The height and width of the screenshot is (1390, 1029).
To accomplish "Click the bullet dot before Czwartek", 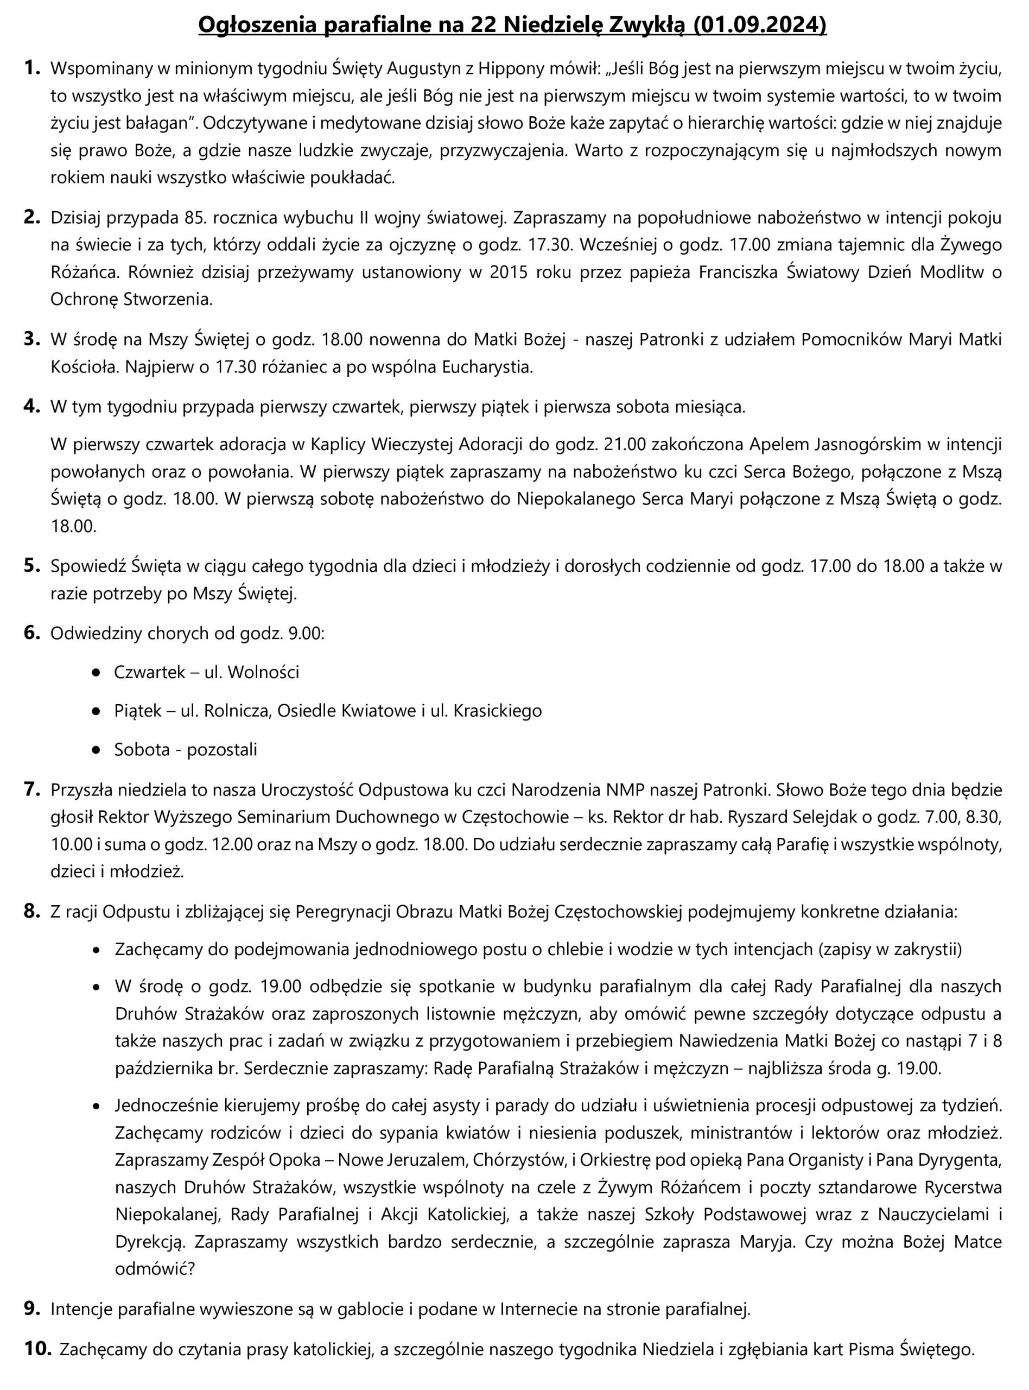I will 96,673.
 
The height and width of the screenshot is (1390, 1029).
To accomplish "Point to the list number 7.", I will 32,789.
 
